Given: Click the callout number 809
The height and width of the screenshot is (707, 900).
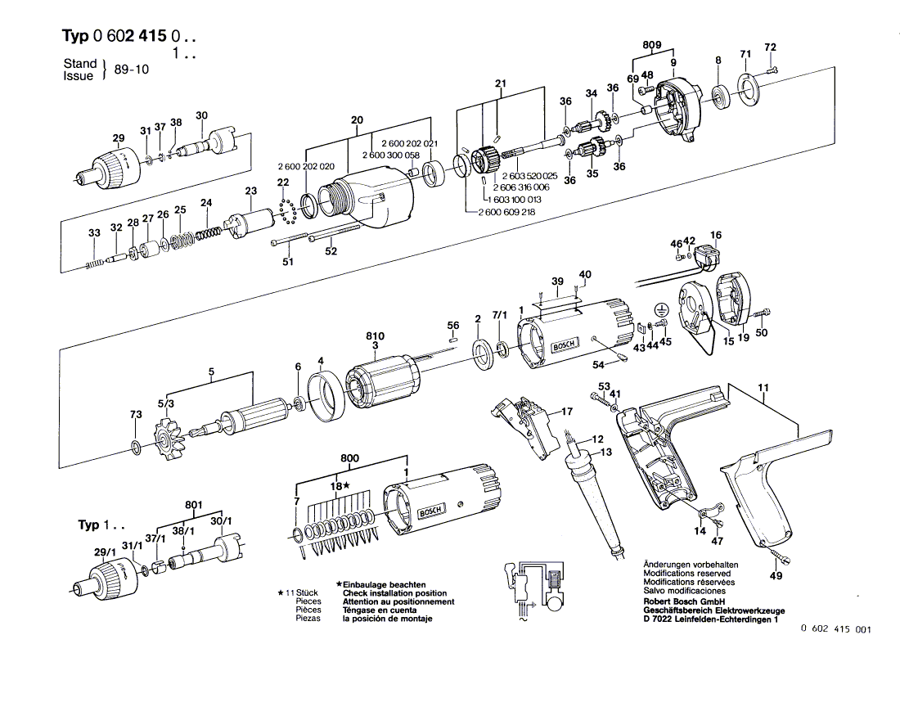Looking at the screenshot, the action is (651, 45).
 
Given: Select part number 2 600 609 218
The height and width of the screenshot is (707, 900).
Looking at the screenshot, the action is (506, 212).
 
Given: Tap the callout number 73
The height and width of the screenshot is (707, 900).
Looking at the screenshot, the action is (136, 414).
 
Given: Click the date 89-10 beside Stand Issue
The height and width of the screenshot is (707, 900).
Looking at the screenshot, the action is (132, 70).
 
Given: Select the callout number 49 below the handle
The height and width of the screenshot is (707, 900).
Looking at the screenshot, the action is (776, 575).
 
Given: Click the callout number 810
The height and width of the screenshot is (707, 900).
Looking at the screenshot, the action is (375, 335).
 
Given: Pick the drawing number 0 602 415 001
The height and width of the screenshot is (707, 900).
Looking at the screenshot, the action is (835, 629).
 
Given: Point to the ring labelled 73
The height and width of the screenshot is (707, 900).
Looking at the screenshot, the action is (137, 448).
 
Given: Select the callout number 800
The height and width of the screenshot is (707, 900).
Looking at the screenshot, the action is (349, 458).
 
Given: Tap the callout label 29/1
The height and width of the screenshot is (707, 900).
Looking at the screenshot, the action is (105, 552).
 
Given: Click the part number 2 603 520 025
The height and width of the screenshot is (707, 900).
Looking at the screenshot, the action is (530, 176).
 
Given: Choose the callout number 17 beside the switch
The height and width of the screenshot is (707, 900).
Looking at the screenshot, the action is (567, 411).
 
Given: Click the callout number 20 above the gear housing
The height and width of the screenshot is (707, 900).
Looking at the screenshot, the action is (357, 120).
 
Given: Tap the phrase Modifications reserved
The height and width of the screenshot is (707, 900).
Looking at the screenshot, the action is (687, 574).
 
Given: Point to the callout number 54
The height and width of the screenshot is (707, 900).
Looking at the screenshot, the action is (599, 365).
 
